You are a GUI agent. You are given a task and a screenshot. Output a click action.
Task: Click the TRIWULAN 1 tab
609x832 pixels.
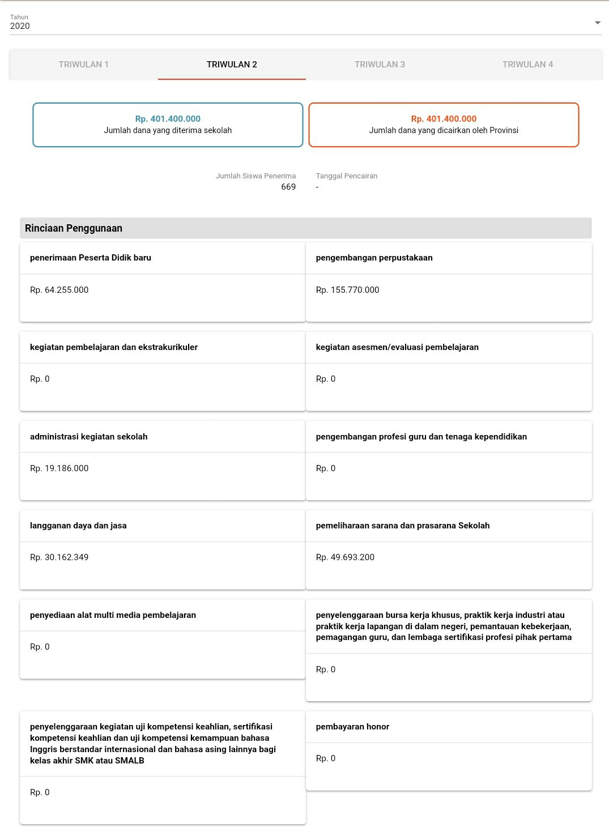click(83, 65)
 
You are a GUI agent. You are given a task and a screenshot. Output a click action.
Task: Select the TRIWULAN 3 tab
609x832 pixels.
click(380, 65)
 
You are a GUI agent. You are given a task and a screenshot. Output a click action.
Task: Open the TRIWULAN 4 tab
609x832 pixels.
click(527, 65)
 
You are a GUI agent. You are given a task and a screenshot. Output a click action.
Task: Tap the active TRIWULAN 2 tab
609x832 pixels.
click(232, 65)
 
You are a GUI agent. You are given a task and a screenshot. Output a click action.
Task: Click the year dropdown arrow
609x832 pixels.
click(597, 23)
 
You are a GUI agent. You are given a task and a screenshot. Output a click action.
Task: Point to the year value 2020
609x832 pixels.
click(20, 26)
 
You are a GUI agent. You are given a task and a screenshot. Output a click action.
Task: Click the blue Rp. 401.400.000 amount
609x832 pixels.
click(168, 119)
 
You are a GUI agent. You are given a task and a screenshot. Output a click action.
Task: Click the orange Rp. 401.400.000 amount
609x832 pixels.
click(444, 119)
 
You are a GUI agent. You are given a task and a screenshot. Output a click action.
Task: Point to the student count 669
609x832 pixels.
click(288, 187)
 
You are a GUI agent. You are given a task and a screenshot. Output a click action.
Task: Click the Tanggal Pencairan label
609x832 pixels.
click(347, 176)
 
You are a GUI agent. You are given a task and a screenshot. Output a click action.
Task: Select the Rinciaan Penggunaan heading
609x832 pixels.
click(74, 228)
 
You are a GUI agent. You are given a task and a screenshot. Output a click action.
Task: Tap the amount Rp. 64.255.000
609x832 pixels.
click(59, 290)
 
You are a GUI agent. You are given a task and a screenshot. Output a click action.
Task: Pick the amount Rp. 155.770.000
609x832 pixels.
click(347, 290)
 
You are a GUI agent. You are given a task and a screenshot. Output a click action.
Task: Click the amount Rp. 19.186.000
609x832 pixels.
click(59, 468)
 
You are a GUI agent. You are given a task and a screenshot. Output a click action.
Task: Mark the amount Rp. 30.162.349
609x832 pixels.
click(59, 557)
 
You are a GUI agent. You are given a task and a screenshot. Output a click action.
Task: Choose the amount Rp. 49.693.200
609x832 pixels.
click(345, 557)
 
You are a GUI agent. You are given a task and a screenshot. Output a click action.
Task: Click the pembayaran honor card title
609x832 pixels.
click(352, 727)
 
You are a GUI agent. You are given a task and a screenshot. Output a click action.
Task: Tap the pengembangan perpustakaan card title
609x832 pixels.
click(374, 258)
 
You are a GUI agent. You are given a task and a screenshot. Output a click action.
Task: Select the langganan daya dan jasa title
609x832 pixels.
click(78, 526)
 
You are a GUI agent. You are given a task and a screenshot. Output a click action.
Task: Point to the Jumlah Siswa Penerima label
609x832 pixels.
click(255, 176)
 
